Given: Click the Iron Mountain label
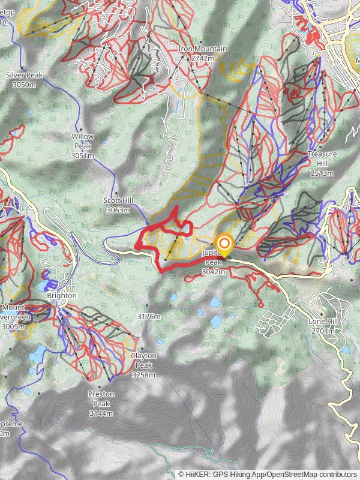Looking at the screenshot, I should [x=202, y=49].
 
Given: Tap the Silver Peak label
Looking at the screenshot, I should [x=24, y=76].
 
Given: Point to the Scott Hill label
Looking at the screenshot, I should [x=117, y=201].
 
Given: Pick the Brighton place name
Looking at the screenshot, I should [x=61, y=296].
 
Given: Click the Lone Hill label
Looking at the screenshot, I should [x=325, y=322].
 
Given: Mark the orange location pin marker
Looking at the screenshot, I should [x=224, y=244].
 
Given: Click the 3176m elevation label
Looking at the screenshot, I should [x=149, y=316].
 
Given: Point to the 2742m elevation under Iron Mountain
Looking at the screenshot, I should [x=202, y=58].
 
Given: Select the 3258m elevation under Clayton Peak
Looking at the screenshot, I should [x=143, y=375].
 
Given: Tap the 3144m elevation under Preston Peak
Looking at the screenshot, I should [x=101, y=414].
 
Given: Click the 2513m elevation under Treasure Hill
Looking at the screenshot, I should [x=322, y=173].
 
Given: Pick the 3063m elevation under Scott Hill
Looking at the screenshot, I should [x=118, y=211].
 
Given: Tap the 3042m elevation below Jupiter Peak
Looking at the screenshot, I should [x=214, y=272].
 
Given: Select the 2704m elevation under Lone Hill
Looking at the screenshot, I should [x=325, y=331].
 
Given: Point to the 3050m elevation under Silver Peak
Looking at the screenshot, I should [x=24, y=85].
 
